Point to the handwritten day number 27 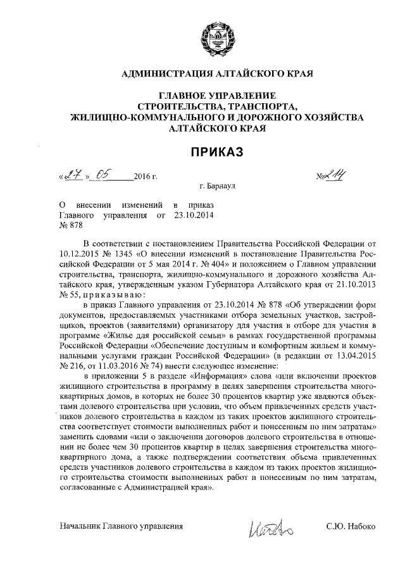[73, 175]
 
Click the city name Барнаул [227, 188]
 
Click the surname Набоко [361, 527]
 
